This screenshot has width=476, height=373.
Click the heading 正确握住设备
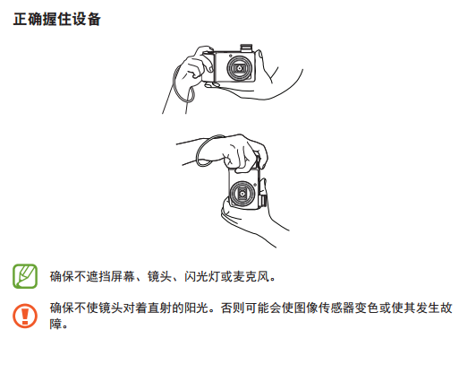click(56, 19)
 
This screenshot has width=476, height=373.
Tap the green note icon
click(25, 276)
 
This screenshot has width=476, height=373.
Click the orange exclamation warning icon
click(25, 316)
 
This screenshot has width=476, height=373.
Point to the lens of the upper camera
click(239, 68)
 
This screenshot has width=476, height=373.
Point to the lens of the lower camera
click(242, 193)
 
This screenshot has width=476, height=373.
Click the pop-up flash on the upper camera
click(246, 48)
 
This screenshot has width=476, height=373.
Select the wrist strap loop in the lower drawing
click(209, 151)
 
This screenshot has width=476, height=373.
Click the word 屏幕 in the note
click(123, 276)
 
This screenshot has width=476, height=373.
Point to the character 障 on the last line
click(55, 324)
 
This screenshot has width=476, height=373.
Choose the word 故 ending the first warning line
click(446, 308)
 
